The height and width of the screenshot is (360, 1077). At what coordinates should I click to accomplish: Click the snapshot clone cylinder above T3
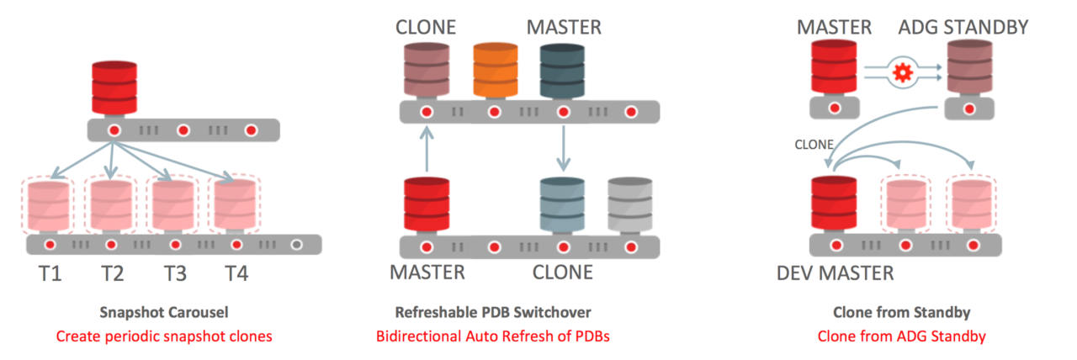coord(174,205)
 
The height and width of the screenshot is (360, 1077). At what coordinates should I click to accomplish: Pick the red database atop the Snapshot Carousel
coord(114,87)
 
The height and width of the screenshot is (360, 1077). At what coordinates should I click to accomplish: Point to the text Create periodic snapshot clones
coord(164,336)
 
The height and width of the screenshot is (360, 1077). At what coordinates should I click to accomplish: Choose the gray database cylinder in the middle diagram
coord(630,204)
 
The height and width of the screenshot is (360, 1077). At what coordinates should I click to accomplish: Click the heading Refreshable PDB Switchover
coord(493,312)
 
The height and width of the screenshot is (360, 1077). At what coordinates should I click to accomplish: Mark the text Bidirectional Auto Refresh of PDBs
coord(493,336)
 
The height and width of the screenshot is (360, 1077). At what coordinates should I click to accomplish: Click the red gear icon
coord(902,73)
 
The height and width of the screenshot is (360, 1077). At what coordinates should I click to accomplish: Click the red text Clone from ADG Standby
coord(902,336)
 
